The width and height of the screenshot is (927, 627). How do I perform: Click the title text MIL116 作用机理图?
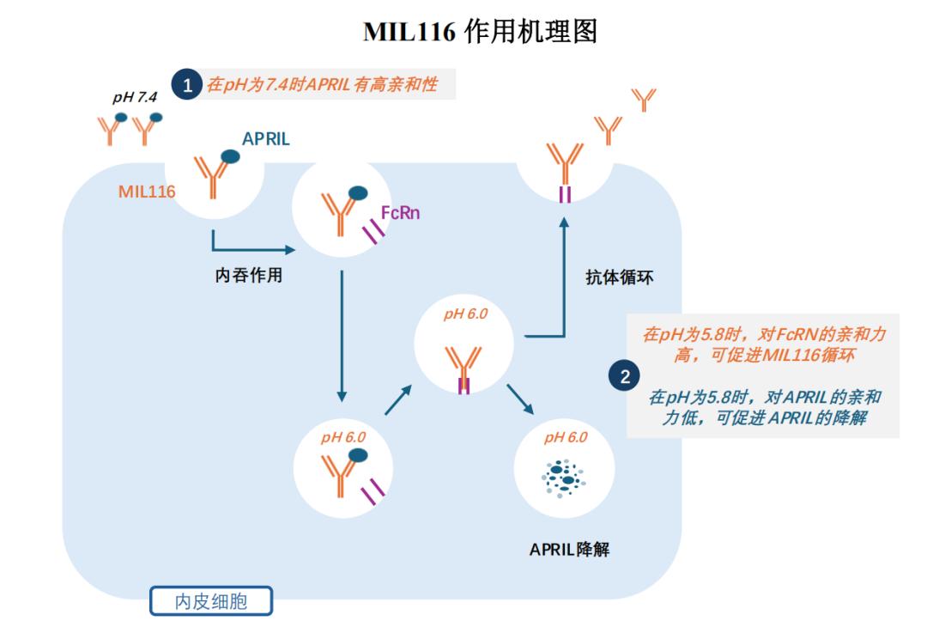click(480, 31)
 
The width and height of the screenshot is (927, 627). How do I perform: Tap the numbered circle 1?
click(187, 84)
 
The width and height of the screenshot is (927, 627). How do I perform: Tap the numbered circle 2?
click(624, 376)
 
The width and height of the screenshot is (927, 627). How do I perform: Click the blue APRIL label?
click(266, 139)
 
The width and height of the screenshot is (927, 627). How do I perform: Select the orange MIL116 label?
click(147, 192)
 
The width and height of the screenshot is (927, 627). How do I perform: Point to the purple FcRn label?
click(400, 213)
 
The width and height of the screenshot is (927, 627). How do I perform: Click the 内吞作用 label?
click(248, 275)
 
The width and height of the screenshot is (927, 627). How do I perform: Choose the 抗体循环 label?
click(620, 277)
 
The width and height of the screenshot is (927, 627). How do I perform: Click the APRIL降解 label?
click(569, 550)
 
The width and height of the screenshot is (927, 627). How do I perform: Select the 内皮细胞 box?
click(211, 601)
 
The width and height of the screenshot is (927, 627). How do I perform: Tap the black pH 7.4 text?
click(135, 97)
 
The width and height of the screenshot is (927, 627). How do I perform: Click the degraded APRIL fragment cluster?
click(563, 477)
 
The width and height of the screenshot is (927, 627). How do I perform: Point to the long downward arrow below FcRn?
click(342, 336)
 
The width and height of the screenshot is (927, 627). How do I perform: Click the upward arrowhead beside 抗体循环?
click(564, 222)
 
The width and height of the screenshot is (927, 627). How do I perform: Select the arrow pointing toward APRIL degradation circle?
click(520, 399)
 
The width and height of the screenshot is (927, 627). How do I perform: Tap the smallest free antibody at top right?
click(644, 100)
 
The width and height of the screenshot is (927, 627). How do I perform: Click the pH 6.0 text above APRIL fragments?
click(566, 437)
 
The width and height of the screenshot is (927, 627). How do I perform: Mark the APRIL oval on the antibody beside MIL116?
click(230, 156)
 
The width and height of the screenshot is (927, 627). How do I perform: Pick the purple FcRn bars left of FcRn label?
click(373, 231)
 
